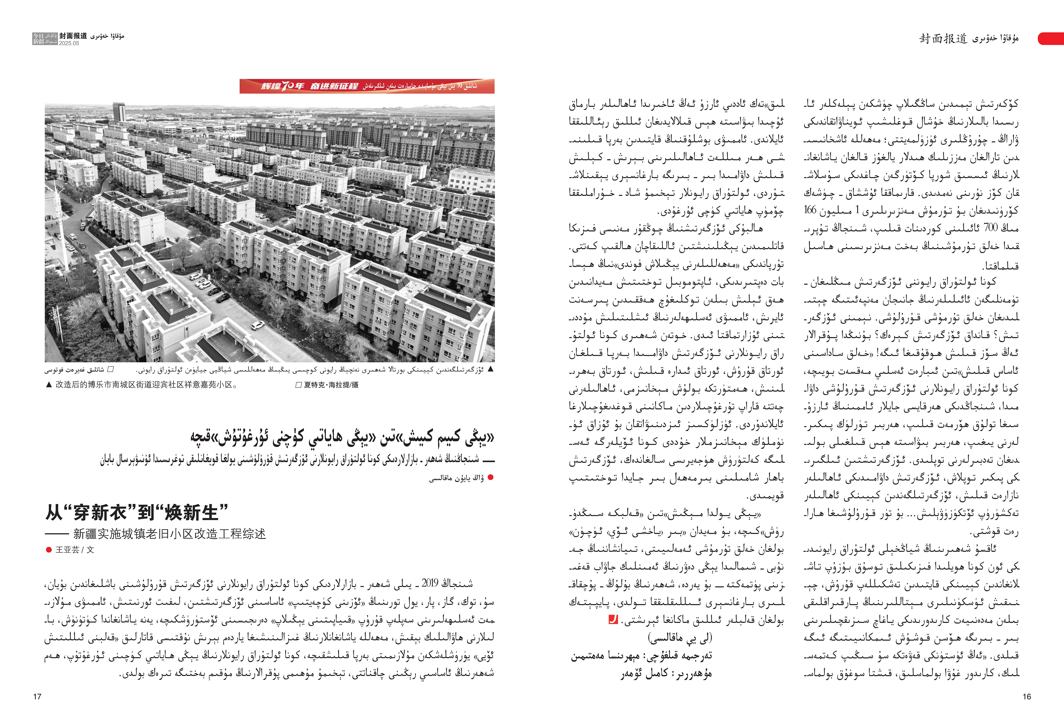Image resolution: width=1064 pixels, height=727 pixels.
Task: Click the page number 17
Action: coord(37,697)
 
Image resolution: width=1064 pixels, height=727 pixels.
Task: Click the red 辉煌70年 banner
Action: coord(367,86)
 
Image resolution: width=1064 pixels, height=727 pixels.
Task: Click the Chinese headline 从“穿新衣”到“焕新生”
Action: coord(136,512)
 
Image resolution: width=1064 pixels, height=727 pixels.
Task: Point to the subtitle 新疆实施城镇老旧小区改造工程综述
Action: coord(169,534)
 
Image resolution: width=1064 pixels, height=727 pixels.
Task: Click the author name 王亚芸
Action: coord(67,550)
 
